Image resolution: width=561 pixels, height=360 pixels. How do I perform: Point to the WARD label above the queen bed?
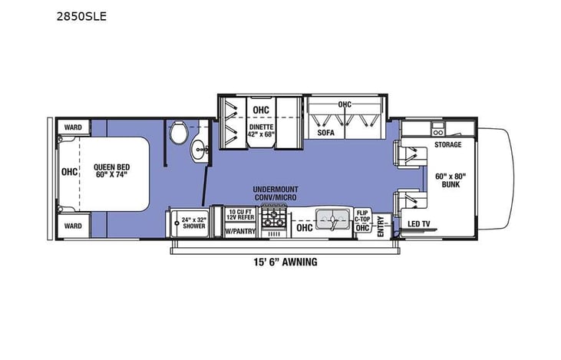(x=73, y=127)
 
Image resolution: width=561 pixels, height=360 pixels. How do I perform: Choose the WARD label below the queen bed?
(x=73, y=226)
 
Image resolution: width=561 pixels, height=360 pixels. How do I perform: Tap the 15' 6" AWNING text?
(x=281, y=262)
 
